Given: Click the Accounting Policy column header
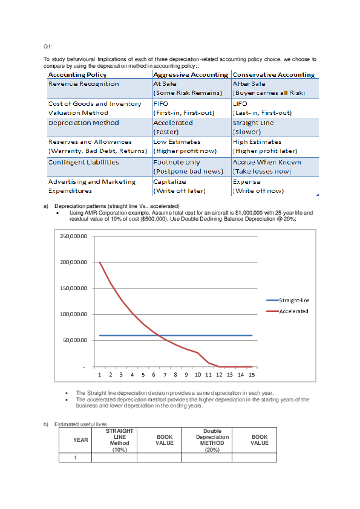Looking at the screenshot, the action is pyautogui.click(x=77, y=75).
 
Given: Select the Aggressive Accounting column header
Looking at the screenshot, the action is pyautogui.click(x=190, y=75).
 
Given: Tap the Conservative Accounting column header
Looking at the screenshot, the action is pyautogui.click(x=273, y=75).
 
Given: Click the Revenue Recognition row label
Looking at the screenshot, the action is pyautogui.click(x=83, y=84).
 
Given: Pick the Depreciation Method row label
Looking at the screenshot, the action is pyautogui.click(x=83, y=123).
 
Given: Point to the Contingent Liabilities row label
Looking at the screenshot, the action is pyautogui.click(x=83, y=162).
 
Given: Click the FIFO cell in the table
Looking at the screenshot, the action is pyautogui.click(x=160, y=104).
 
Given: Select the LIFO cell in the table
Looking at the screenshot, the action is pyautogui.click(x=240, y=104).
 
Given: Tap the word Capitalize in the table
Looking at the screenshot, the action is pyautogui.click(x=169, y=181).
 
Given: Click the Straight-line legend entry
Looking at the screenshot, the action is pyautogui.click(x=293, y=300).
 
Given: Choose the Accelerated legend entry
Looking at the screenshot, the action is pyautogui.click(x=293, y=311).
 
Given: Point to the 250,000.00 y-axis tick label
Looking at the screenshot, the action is pyautogui.click(x=74, y=236).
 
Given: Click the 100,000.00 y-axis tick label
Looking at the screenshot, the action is pyautogui.click(x=74, y=314).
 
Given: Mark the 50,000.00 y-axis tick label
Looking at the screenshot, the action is pyautogui.click(x=76, y=340).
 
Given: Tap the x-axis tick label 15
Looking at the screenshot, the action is pyautogui.click(x=252, y=375).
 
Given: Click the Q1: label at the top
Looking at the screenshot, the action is pyautogui.click(x=48, y=47).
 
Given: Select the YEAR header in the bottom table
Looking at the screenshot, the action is pyautogui.click(x=80, y=440).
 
